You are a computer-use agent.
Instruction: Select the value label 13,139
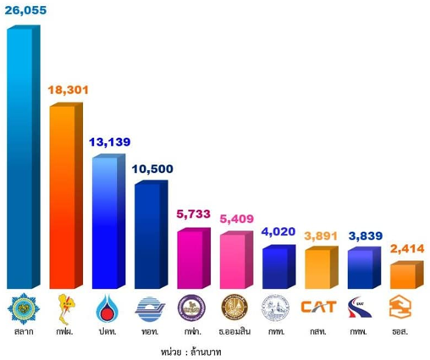point(110,141)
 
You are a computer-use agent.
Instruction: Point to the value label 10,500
point(152,169)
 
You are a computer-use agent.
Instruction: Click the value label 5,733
point(195,214)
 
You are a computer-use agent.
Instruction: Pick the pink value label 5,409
point(237,219)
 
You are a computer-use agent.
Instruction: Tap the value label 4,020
point(279,231)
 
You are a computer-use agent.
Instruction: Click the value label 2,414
point(405,251)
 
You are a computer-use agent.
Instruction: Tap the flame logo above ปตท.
point(107,306)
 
